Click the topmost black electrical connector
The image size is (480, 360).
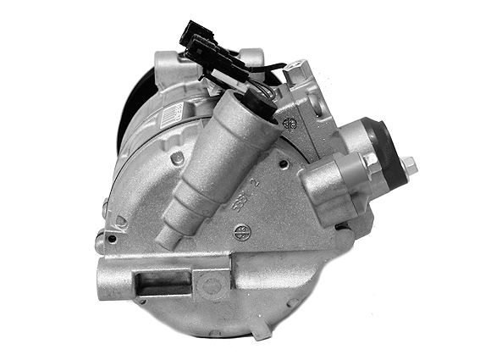[x=193, y=35]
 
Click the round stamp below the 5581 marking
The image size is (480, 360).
[x=241, y=230]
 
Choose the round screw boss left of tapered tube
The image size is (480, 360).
[x=176, y=158]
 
